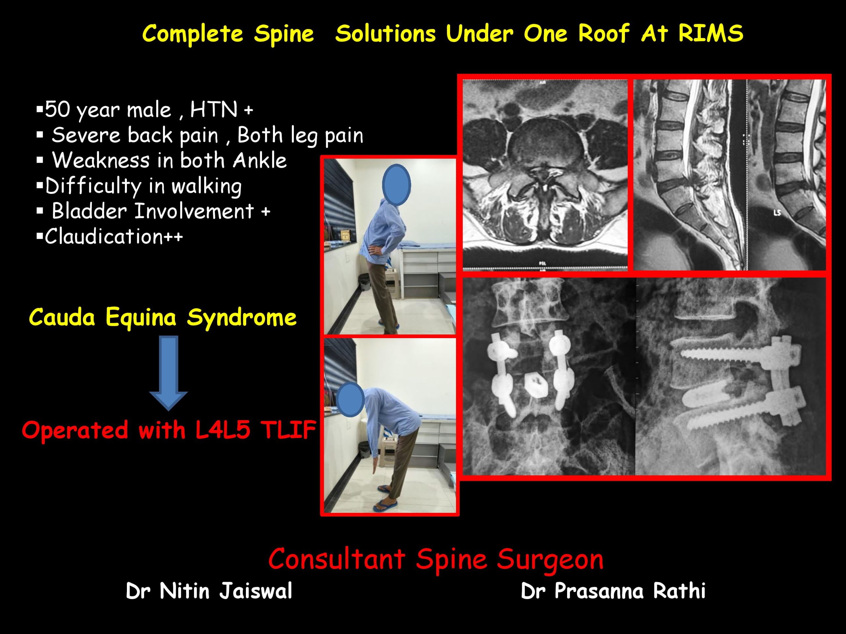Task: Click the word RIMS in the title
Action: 711,33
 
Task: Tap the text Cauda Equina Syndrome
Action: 163,318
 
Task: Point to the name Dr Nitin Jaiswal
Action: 209,591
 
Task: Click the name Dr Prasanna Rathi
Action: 613,591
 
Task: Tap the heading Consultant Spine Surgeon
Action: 436,559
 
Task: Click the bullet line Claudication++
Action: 110,236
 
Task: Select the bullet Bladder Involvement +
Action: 154,211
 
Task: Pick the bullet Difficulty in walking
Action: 139,187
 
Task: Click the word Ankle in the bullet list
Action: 260,160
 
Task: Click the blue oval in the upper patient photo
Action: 396,185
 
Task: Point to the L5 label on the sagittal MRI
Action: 777,213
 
